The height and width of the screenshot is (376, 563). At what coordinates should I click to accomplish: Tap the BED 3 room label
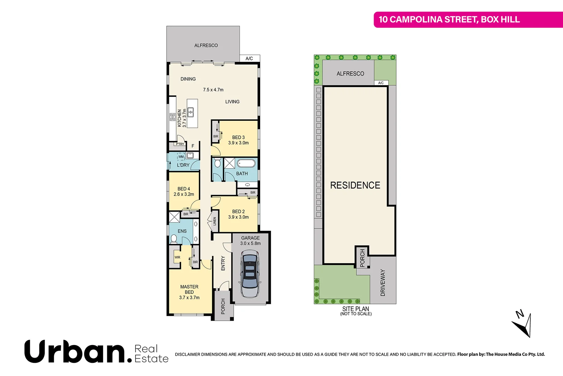[x=239, y=138]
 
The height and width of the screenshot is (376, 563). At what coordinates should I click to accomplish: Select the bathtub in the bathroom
[x=246, y=163]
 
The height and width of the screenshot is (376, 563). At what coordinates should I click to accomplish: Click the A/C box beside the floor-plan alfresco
[x=249, y=58]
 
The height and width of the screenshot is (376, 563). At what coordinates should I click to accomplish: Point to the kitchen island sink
[x=191, y=112]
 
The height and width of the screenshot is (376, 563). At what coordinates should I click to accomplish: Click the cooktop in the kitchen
[x=172, y=117]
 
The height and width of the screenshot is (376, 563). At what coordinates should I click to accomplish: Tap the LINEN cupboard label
[x=214, y=221]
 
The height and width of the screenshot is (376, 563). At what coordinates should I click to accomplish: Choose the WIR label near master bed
[x=177, y=258]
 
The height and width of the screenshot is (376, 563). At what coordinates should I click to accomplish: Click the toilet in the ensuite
[x=174, y=238]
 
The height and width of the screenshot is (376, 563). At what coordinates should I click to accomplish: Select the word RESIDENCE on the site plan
[x=355, y=185]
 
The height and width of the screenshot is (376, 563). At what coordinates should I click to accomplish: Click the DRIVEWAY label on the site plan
[x=383, y=282]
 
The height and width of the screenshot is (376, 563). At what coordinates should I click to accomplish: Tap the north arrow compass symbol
[x=523, y=324]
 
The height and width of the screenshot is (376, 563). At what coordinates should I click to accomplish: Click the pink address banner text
[x=449, y=19]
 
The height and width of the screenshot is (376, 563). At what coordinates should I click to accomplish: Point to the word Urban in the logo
[x=75, y=352]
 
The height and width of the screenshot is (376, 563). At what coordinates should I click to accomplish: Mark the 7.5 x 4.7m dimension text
[x=213, y=90]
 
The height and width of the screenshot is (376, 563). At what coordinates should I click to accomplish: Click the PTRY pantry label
[x=180, y=144]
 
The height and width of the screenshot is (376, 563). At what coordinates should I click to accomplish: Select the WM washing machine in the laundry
[x=181, y=157]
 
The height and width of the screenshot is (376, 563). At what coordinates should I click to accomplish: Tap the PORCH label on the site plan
[x=362, y=258]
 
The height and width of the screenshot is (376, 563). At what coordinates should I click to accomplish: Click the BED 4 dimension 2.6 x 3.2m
[x=184, y=194]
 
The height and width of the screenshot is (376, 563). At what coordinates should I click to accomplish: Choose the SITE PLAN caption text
[x=355, y=309]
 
